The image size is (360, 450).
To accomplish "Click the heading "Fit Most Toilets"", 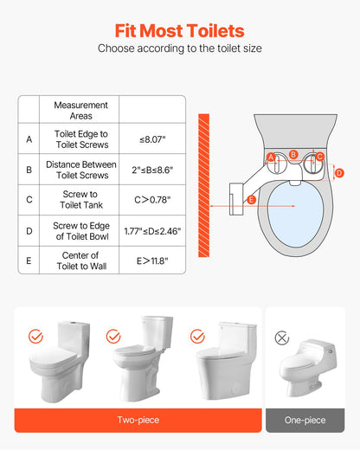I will pyautogui.click(x=179, y=30).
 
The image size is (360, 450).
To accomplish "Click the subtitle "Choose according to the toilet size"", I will pyautogui.click(x=179, y=49).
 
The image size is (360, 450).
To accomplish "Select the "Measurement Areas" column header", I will pyautogui.click(x=80, y=110).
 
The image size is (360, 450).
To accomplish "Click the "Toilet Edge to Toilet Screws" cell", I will pyautogui.click(x=80, y=138).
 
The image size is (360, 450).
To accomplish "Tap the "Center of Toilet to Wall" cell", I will pyautogui.click(x=80, y=260).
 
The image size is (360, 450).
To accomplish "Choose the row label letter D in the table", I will pyautogui.click(x=29, y=231).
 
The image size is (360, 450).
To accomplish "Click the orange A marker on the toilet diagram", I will pyautogui.click(x=272, y=157).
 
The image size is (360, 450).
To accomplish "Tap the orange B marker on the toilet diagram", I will pyautogui.click(x=293, y=154).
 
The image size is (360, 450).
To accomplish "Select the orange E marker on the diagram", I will pyautogui.click(x=251, y=200).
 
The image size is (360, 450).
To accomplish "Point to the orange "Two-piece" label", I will pyautogui.click(x=138, y=420).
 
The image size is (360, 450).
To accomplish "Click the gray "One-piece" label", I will pyautogui.click(x=305, y=420).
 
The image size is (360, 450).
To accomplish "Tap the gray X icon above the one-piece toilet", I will pyautogui.click(x=281, y=337).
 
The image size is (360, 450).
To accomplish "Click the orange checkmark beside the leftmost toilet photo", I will pyautogui.click(x=35, y=335).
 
